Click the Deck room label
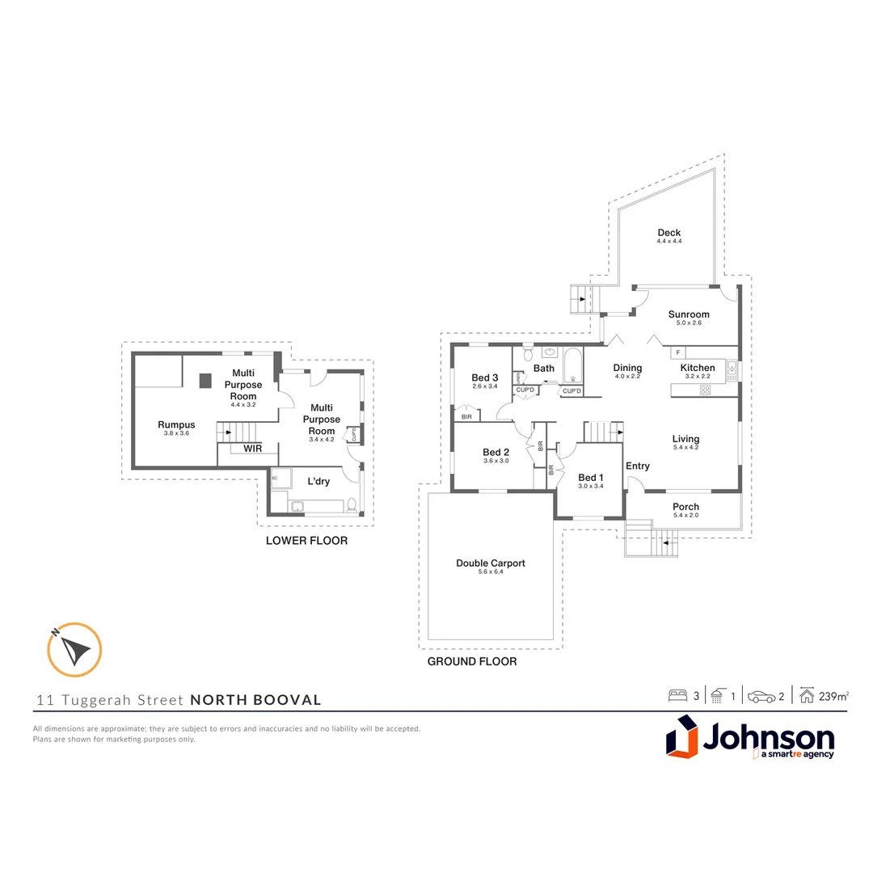668,233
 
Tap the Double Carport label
491,563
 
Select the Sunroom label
689,314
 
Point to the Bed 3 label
485,377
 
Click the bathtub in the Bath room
572,366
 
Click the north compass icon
74,649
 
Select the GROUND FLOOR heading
472,661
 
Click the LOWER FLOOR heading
306,540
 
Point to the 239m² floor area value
834,695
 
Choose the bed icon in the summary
677,695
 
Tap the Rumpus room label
176,424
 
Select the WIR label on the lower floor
252,449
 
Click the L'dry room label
318,481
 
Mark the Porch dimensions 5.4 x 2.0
685,516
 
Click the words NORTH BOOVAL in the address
255,700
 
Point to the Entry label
638,466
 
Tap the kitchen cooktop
704,390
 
